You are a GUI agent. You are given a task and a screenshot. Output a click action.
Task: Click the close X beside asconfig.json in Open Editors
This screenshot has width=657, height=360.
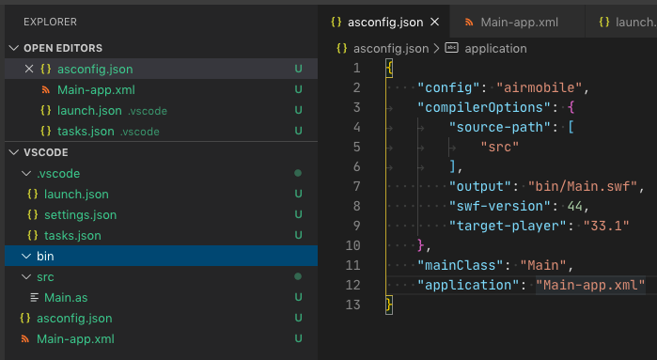28,69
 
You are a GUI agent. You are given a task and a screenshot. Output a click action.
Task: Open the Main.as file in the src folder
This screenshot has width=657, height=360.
64,297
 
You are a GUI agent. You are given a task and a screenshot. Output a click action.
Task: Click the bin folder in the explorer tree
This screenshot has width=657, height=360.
45,256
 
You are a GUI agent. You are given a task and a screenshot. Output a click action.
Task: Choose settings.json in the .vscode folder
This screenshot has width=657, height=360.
80,214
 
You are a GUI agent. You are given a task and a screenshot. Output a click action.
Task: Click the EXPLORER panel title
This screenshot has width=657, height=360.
51,21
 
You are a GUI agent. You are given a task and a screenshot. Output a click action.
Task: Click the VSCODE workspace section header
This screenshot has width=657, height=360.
47,152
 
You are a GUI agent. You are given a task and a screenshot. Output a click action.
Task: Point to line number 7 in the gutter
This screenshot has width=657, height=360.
355,185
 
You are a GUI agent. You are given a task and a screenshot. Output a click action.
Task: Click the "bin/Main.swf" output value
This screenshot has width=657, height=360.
585,185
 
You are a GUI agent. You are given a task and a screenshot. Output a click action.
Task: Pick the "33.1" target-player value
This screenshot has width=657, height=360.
597,225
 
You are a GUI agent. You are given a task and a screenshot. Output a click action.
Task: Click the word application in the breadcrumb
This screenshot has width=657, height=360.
496,48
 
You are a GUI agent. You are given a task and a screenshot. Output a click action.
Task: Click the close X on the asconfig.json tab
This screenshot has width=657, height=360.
434,21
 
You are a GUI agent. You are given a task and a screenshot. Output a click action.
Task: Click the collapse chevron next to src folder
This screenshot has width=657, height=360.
25,276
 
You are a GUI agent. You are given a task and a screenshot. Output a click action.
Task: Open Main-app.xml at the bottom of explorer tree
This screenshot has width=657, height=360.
75,338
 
